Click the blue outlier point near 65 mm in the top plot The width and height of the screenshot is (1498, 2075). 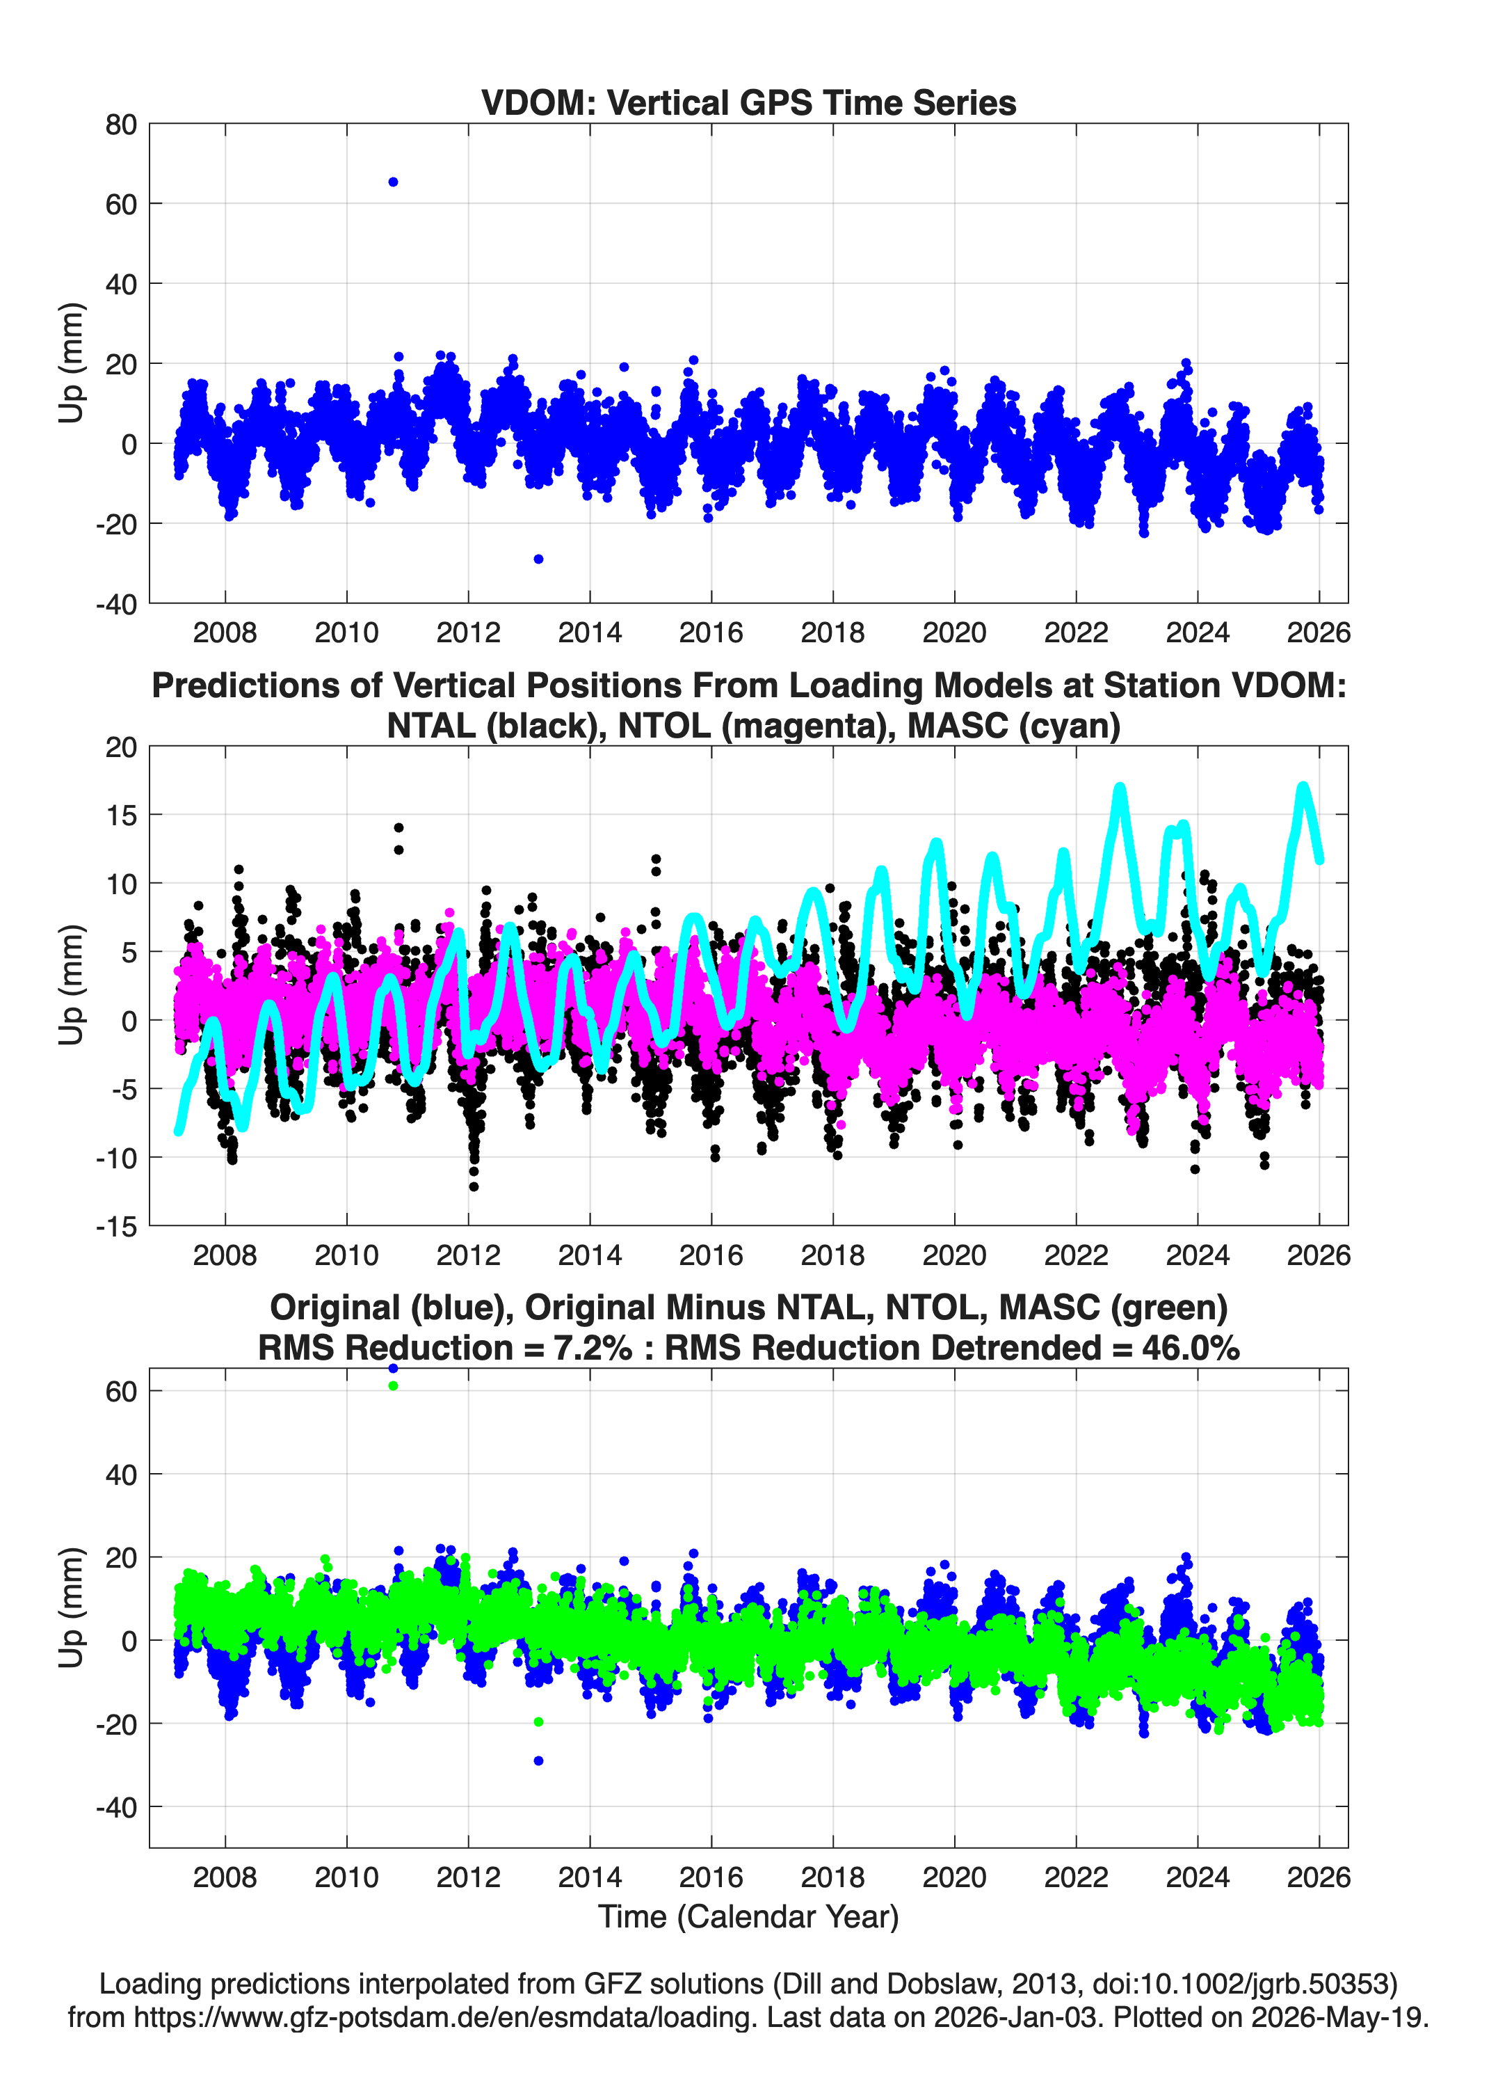[393, 182]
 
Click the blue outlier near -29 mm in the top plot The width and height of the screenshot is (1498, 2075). [539, 559]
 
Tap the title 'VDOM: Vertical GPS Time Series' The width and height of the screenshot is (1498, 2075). [749, 102]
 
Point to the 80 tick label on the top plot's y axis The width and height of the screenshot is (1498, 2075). [121, 125]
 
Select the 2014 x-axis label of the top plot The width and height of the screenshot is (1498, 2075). [590, 633]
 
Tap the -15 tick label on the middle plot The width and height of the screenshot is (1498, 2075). [116, 1226]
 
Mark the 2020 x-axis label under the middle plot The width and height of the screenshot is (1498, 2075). [955, 1255]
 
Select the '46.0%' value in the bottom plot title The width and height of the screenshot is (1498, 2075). [1191, 1348]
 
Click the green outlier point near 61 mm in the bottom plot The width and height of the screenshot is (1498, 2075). [393, 1386]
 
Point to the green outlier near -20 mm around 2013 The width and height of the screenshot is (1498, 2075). [539, 1722]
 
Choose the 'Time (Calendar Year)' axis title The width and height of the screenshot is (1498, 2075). [749, 1917]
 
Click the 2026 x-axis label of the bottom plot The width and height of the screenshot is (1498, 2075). [1319, 1877]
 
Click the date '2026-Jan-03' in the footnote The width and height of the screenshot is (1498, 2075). [1015, 2017]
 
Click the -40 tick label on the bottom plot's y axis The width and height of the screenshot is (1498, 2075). [116, 1808]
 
